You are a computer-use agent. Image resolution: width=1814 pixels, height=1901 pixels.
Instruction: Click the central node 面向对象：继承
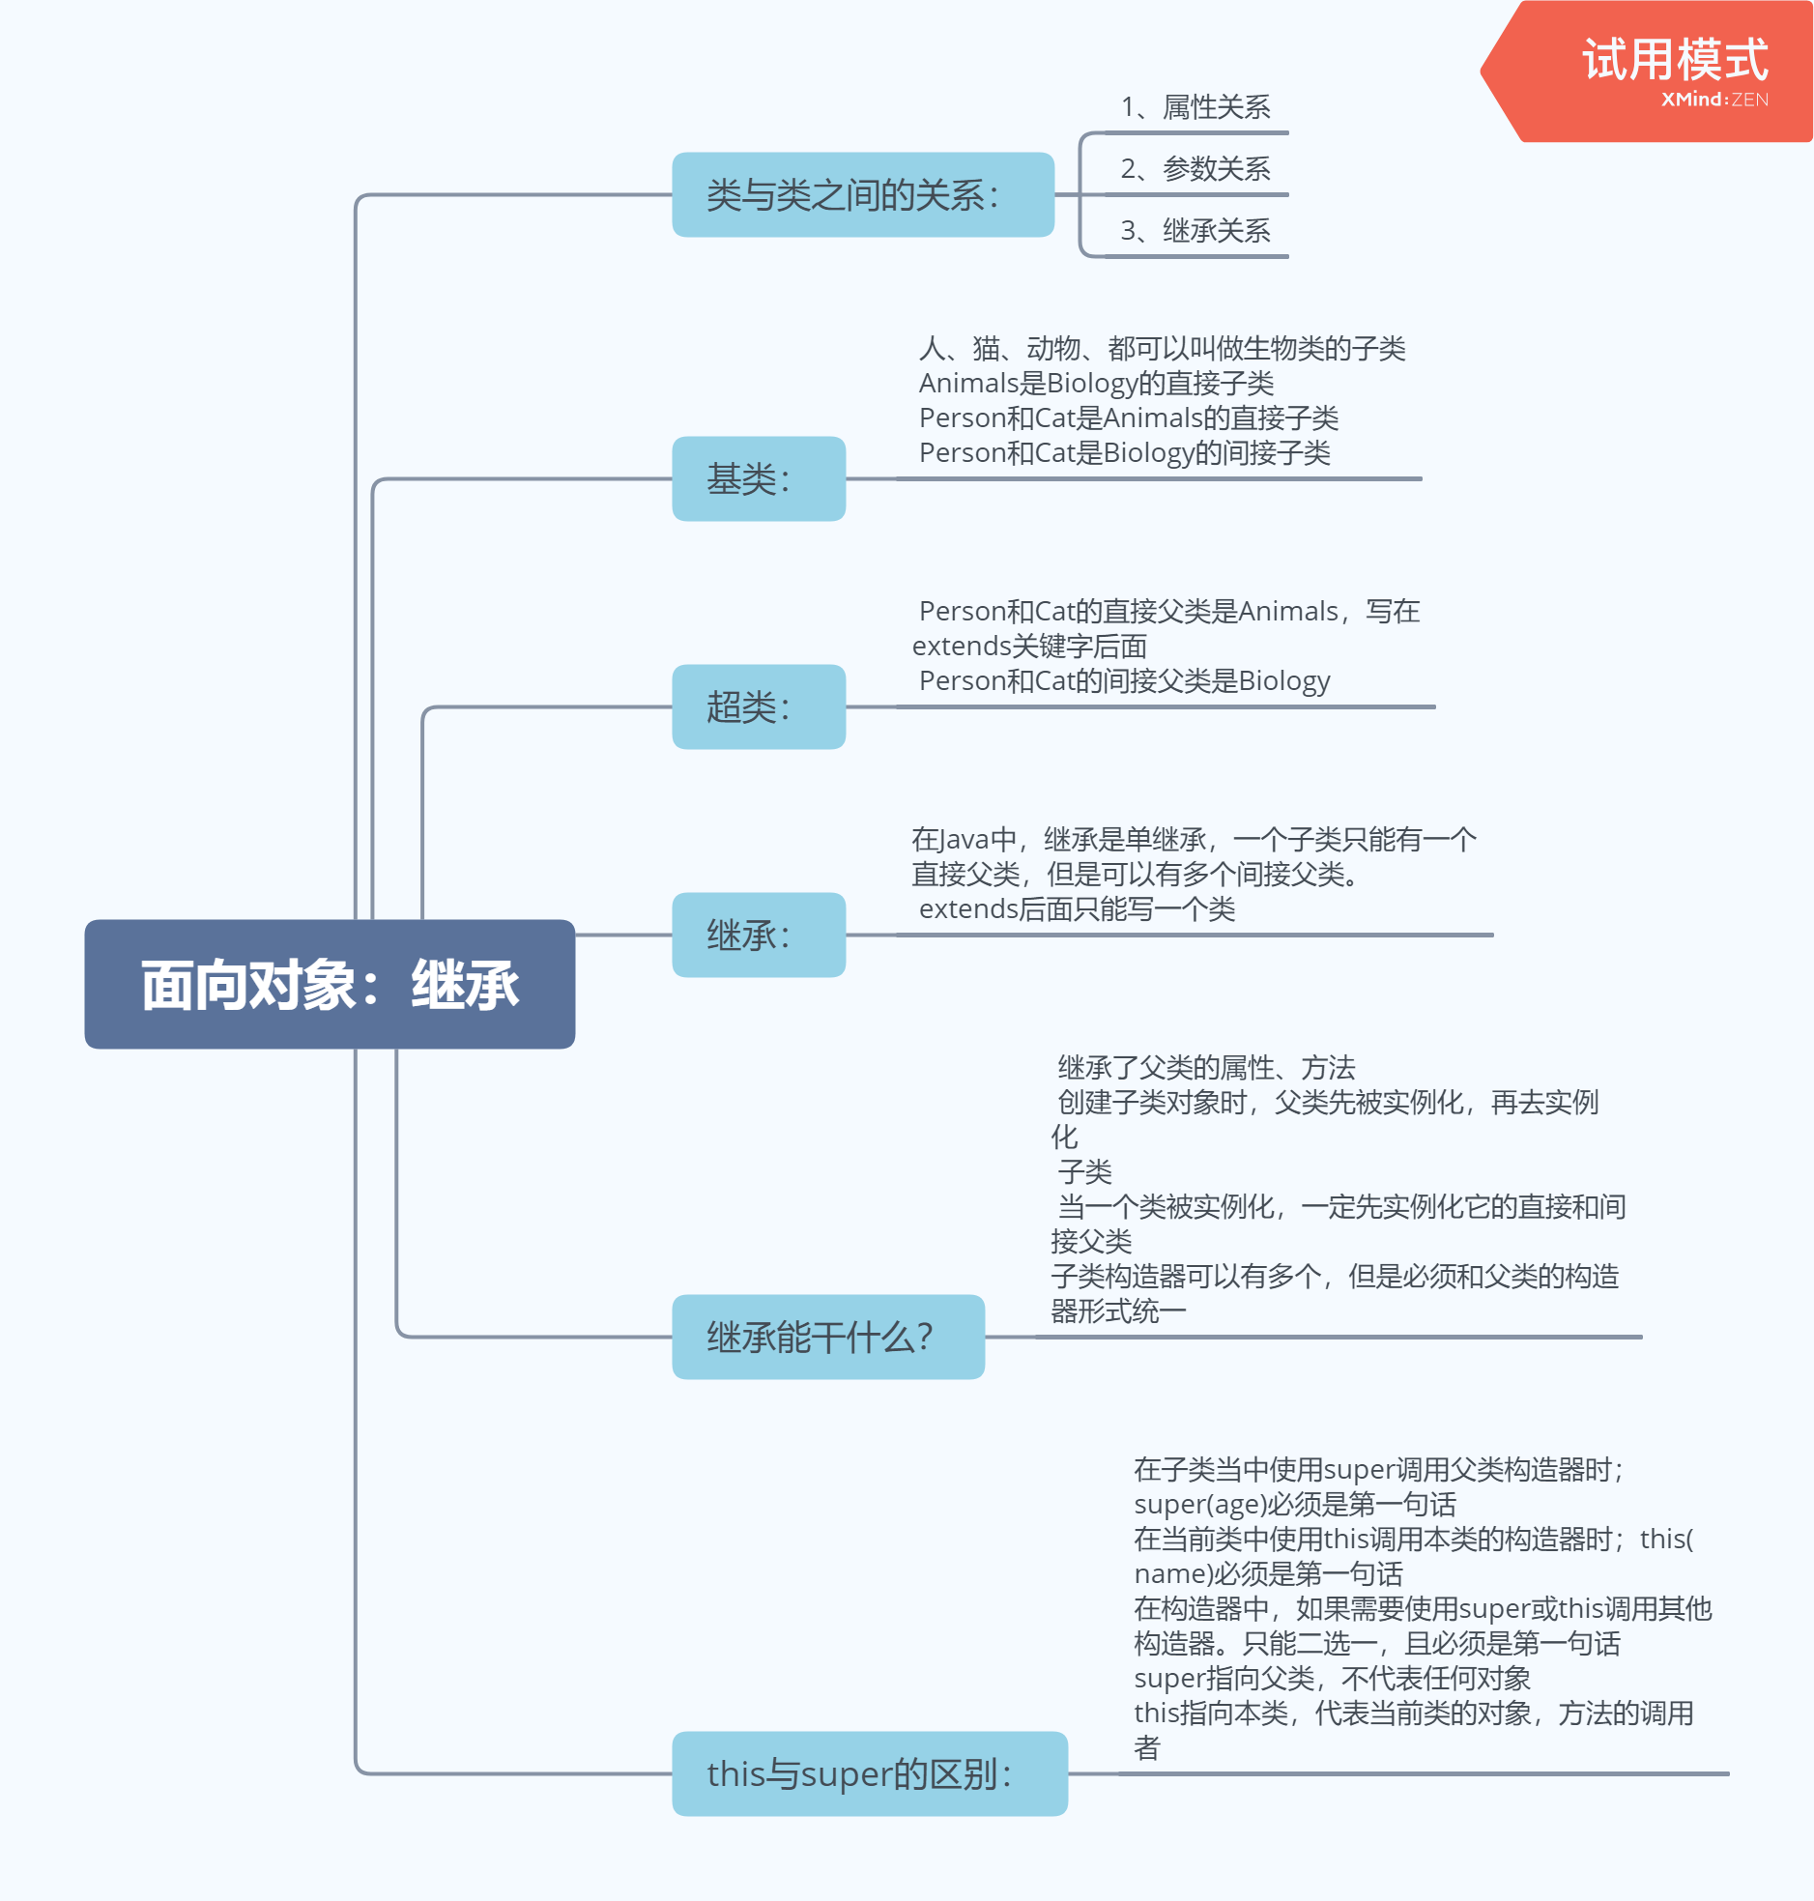pyautogui.click(x=330, y=985)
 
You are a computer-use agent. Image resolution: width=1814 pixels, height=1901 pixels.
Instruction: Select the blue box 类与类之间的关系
pyautogui.click(x=862, y=194)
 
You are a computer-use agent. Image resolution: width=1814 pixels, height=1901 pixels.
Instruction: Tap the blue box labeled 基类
pyautogui.click(x=758, y=478)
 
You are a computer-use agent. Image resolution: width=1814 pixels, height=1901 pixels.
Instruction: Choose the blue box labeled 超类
pyautogui.click(x=758, y=706)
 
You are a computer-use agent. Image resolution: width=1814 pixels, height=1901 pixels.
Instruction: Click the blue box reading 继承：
pyautogui.click(x=758, y=935)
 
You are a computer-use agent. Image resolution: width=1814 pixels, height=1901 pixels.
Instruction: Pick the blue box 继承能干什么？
pyautogui.click(x=827, y=1338)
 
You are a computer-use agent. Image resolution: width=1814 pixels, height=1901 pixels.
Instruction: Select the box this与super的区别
pyautogui.click(x=869, y=1773)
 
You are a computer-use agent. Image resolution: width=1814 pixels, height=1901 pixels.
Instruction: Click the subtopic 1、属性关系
pyautogui.click(x=1195, y=106)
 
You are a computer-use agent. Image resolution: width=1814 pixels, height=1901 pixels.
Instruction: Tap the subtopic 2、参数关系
pyautogui.click(x=1195, y=168)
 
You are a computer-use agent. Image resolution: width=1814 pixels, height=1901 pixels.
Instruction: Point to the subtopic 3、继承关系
pyautogui.click(x=1195, y=230)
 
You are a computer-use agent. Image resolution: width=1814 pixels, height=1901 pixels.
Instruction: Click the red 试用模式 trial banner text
pyautogui.click(x=1675, y=60)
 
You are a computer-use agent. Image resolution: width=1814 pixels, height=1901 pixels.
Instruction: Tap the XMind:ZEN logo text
pyautogui.click(x=1714, y=100)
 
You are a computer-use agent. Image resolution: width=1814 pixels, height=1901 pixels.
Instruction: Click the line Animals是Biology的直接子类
pyautogui.click(x=1097, y=383)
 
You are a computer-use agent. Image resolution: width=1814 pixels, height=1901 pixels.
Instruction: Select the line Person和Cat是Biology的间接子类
pyautogui.click(x=1125, y=452)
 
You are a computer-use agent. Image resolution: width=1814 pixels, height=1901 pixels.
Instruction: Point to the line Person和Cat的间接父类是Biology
pyautogui.click(x=1125, y=680)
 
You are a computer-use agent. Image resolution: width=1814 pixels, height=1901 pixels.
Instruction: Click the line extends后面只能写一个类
pyautogui.click(x=1078, y=908)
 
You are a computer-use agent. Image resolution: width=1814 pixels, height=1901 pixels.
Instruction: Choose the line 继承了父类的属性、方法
pyautogui.click(x=1207, y=1068)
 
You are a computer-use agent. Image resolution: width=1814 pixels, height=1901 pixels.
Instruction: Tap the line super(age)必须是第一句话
pyautogui.click(x=1295, y=1504)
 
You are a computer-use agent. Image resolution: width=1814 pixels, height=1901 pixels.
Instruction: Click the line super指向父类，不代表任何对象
pyautogui.click(x=1333, y=1678)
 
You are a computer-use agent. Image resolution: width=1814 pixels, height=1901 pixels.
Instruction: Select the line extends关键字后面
pyautogui.click(x=1030, y=646)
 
